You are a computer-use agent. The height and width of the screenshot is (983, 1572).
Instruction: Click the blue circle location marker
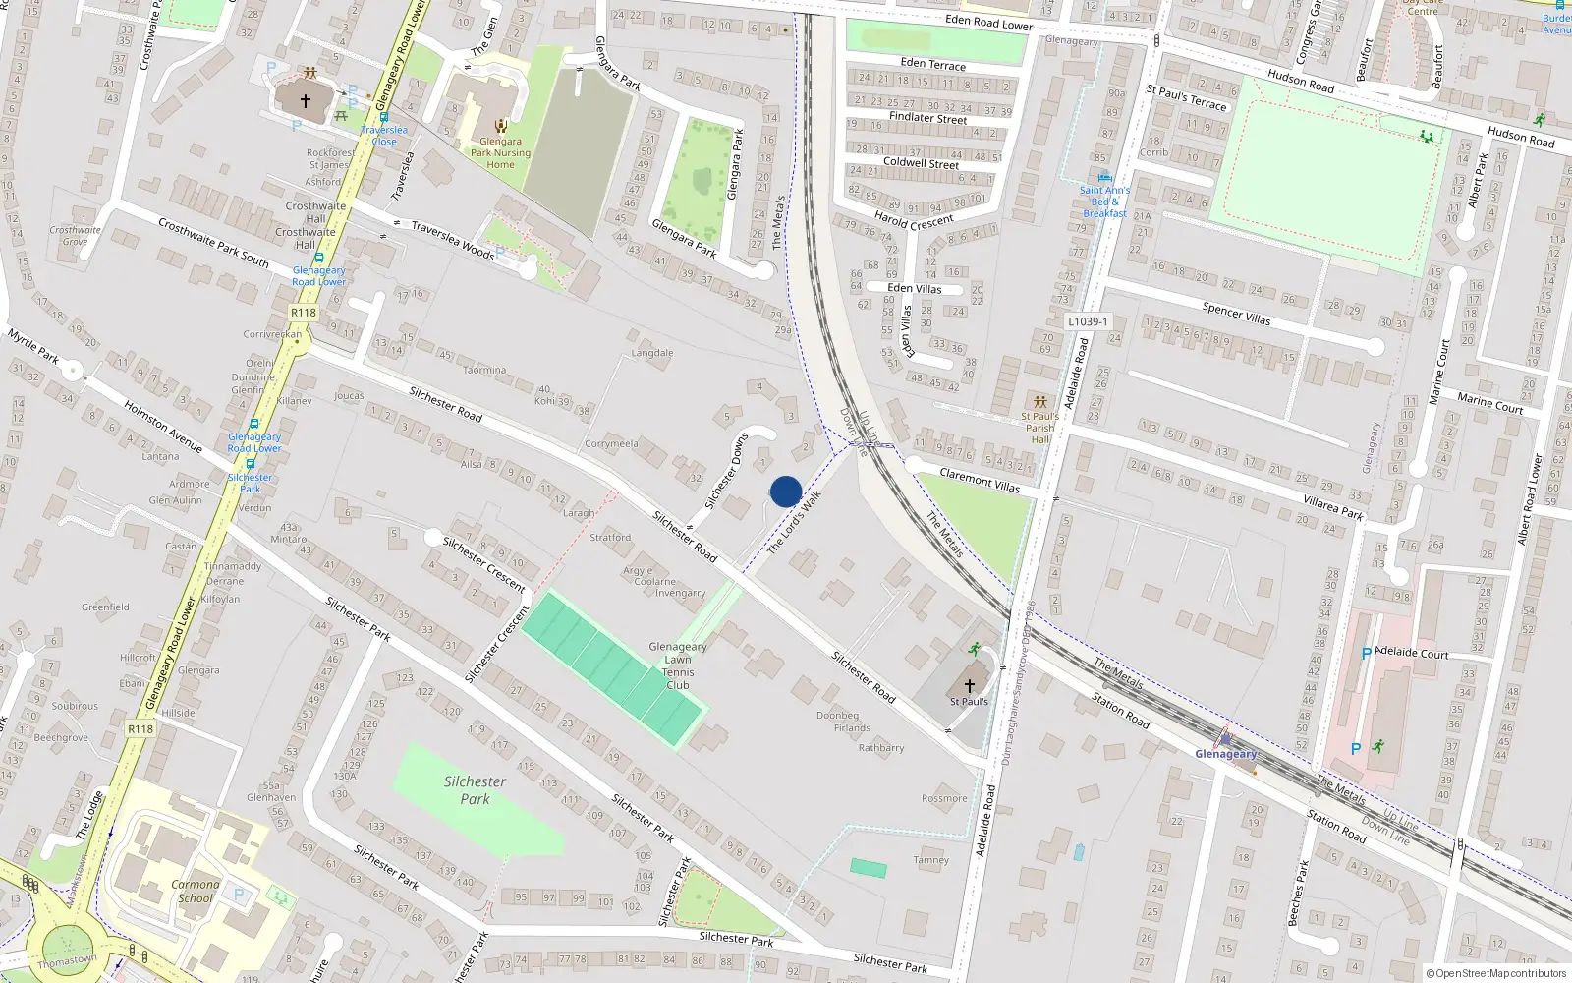tap(786, 491)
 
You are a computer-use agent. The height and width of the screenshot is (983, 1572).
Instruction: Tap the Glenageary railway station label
tap(1225, 754)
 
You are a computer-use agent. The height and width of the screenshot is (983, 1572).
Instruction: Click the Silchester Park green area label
tap(475, 789)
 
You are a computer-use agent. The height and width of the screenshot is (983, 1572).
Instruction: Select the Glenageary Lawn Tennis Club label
tap(678, 665)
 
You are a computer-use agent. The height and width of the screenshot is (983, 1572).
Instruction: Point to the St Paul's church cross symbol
tap(969, 685)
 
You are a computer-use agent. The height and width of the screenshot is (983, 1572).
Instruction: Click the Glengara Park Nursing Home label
tap(500, 152)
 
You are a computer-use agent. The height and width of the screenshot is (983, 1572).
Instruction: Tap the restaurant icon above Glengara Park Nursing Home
tap(501, 125)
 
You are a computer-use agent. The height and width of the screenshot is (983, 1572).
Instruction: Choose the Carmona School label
tap(195, 891)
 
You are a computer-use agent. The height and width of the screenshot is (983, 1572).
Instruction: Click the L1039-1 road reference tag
tap(1088, 321)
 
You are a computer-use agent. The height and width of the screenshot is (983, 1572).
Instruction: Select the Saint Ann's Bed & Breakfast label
tap(1105, 202)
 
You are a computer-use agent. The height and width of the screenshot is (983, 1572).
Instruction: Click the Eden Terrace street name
tap(933, 64)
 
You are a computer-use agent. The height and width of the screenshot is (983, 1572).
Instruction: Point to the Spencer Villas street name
tap(1236, 314)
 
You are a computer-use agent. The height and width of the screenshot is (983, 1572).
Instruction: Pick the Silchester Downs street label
tap(726, 471)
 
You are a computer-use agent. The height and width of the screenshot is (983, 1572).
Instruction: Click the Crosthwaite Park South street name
tap(213, 243)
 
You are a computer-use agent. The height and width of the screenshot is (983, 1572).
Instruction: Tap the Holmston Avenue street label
tap(163, 427)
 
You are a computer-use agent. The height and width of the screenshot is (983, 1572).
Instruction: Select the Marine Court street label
tap(1489, 403)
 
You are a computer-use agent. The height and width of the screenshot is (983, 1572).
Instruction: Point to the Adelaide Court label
tap(1412, 653)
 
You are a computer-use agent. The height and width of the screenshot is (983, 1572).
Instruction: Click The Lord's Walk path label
tap(794, 522)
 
